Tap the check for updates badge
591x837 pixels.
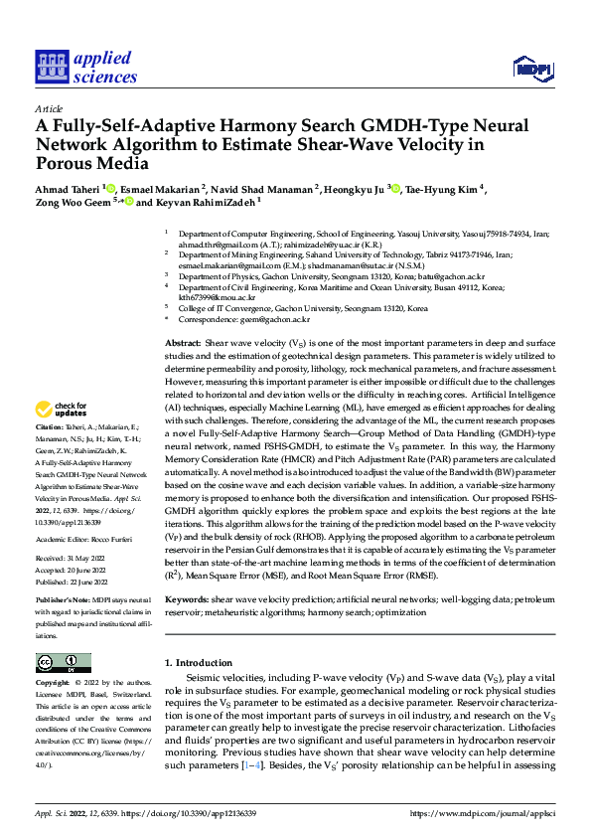pos(62,409)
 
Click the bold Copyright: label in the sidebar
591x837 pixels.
pos(55,684)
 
